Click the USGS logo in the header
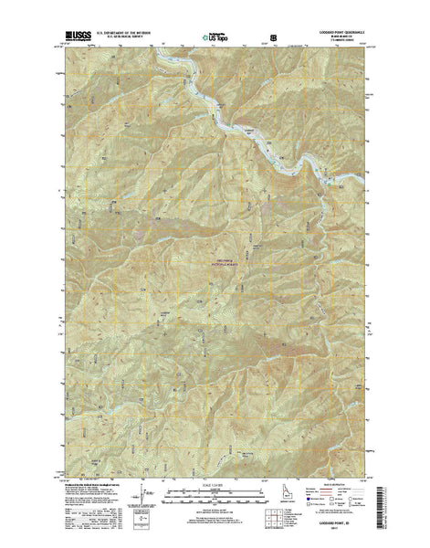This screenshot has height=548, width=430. pos(78,39)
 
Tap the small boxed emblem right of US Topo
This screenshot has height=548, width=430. pos(271,39)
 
